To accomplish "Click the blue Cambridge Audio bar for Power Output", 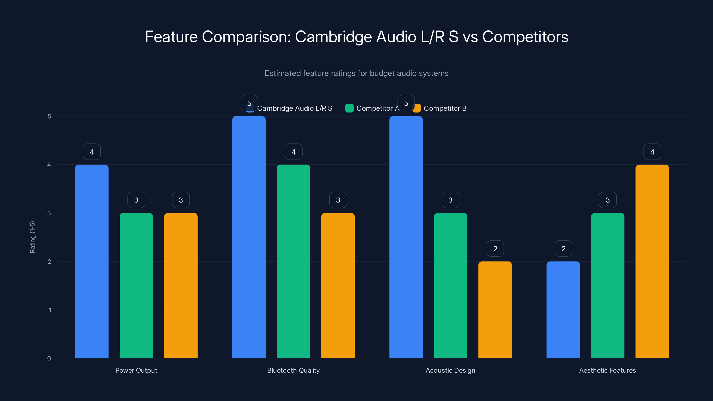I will pos(92,261).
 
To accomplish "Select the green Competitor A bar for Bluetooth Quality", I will pos(293,261).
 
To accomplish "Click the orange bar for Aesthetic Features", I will pos(652,261).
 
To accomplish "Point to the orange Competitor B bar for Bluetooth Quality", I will pos(338,285).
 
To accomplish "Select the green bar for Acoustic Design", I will pos(450,285).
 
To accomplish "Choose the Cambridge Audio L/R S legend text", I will pos(295,108).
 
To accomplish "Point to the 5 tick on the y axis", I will pos(49,116).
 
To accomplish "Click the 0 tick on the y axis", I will pos(49,358).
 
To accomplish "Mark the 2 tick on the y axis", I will pos(49,262).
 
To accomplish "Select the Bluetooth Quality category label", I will pos(293,370).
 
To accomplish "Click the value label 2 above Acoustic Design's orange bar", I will pos(495,249).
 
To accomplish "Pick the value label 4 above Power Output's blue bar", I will pos(92,152).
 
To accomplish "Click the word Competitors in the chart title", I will pos(525,37).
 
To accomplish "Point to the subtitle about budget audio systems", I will pos(356,73).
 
